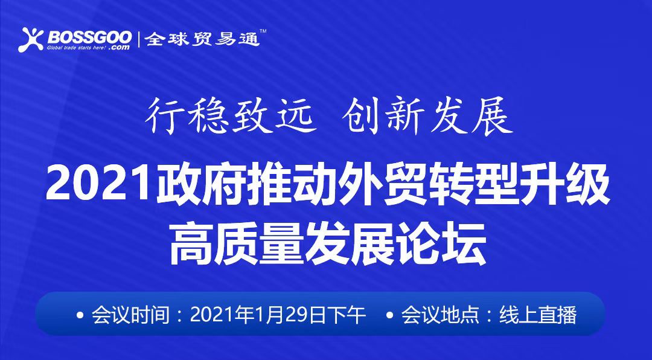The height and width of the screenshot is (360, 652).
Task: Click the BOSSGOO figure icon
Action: pos(31,39)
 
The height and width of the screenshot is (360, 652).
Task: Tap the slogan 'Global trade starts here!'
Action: pos(77,47)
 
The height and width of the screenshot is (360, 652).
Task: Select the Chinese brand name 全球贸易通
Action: pos(202,39)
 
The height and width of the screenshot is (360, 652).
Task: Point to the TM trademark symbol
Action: pos(263,31)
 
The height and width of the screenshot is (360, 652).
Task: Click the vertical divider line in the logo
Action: pos(138,39)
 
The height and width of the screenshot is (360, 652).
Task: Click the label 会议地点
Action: pos(439,315)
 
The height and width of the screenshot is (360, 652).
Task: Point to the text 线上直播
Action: pos(538,315)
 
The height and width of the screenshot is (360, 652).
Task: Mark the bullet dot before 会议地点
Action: pos(389,315)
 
